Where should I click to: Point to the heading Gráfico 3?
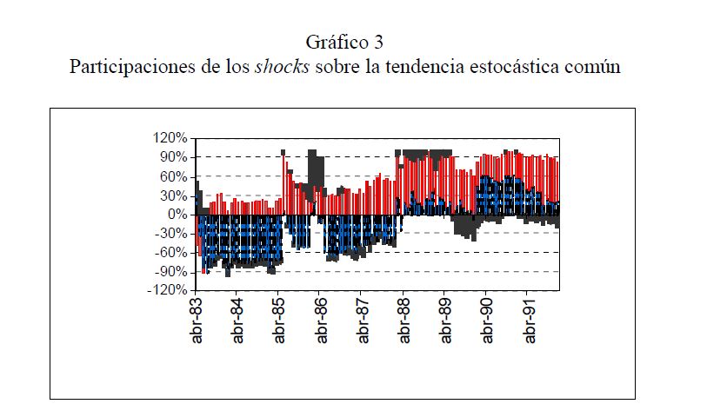point(344,42)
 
